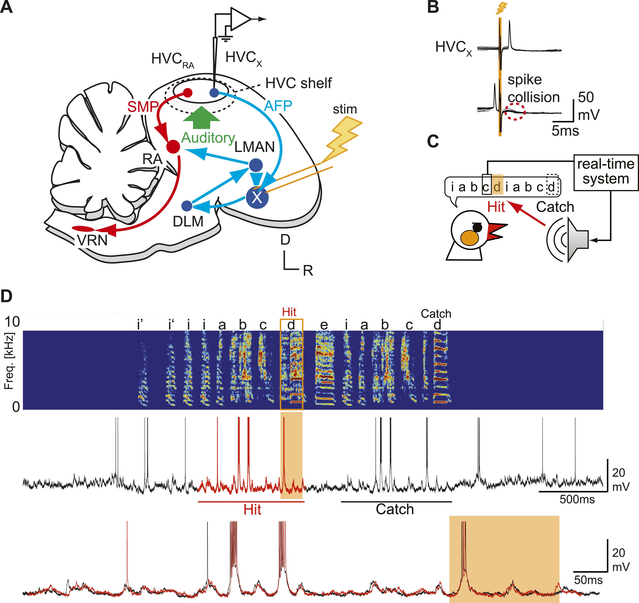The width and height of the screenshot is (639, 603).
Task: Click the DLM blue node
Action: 187,206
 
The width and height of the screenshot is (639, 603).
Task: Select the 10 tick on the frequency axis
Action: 12,322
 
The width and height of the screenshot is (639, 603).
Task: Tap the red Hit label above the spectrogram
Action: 289,312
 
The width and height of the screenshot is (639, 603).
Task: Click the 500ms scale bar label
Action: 577,499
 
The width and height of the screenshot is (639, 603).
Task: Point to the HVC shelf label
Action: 298,83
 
